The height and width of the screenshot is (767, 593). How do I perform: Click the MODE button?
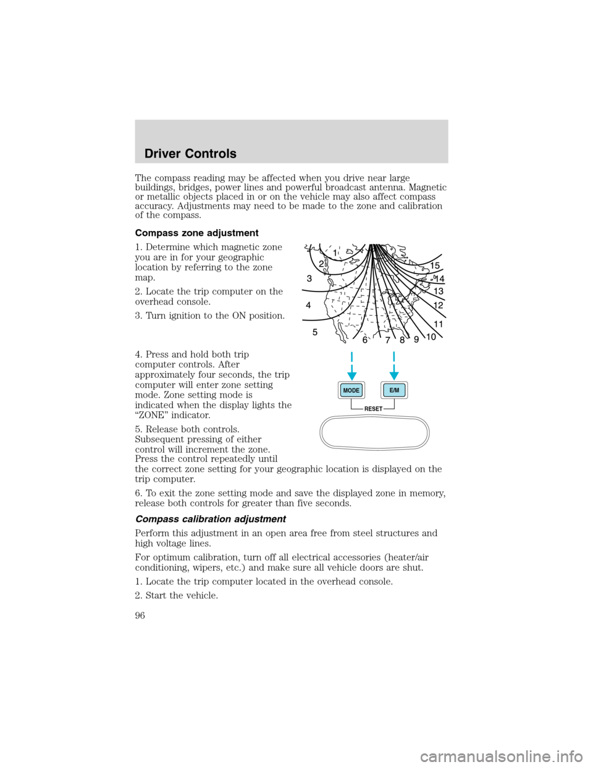coord(351,390)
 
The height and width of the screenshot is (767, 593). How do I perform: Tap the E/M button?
coord(394,390)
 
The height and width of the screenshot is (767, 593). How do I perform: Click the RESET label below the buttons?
coord(373,409)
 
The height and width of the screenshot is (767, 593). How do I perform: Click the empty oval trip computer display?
coord(374,432)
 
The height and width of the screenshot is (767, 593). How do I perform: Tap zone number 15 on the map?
coord(435,266)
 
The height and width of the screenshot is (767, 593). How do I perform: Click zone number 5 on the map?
coord(314,332)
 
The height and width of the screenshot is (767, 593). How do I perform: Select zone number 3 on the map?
coord(309,279)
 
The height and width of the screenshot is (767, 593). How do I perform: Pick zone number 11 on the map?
coord(439,324)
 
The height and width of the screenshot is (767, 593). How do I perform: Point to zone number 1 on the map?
coord(335,253)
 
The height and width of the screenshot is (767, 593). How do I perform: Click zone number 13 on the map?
coord(439,291)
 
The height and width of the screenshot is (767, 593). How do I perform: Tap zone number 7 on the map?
coord(387,340)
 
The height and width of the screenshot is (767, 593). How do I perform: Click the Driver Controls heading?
coord(190,154)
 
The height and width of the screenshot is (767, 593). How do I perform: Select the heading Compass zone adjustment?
coord(196,233)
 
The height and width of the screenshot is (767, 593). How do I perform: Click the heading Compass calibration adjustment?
coord(210,519)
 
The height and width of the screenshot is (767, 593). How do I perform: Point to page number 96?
coord(140,615)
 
